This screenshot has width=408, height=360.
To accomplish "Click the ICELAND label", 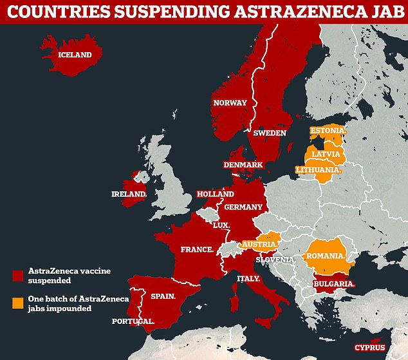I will click(x=75, y=55).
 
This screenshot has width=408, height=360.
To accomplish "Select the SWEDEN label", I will click(x=269, y=133).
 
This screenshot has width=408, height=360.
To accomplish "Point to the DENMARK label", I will click(x=243, y=165).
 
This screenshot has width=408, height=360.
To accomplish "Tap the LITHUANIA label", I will click(x=317, y=169).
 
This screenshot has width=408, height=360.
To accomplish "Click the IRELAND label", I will click(x=128, y=193).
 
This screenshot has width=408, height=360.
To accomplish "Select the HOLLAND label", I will click(x=215, y=193).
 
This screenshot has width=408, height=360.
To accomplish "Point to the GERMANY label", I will click(x=243, y=207).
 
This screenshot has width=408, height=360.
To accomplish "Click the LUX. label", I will click(x=221, y=225).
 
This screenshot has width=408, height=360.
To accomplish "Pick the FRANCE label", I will click(x=197, y=249).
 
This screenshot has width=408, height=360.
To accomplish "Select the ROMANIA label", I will click(x=326, y=256).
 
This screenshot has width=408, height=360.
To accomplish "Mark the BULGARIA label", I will click(x=334, y=283).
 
